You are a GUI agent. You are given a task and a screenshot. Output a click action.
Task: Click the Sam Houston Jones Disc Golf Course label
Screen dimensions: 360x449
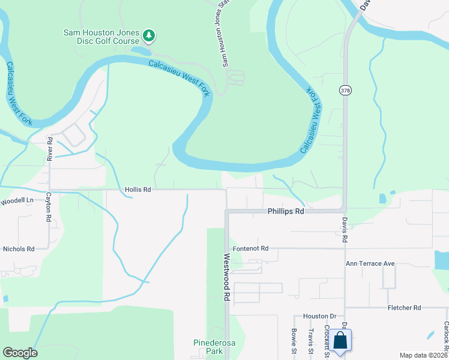[103, 37]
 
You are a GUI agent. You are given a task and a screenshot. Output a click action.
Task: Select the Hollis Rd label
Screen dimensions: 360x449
[137, 190]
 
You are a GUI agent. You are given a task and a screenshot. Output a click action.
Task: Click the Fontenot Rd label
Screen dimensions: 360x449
[250, 248]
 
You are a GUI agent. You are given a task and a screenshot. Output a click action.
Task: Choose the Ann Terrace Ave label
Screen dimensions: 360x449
[370, 263]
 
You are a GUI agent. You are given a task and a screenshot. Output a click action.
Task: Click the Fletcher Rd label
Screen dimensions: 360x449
[404, 307]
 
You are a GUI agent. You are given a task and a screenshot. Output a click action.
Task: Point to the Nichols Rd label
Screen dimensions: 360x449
[19, 248]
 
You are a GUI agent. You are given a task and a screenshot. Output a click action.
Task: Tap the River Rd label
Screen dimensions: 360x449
[50, 149]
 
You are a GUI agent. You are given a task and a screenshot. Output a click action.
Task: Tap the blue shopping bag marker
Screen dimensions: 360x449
[340, 341]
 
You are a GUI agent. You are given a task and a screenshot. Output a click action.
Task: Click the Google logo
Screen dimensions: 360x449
[20, 353]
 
